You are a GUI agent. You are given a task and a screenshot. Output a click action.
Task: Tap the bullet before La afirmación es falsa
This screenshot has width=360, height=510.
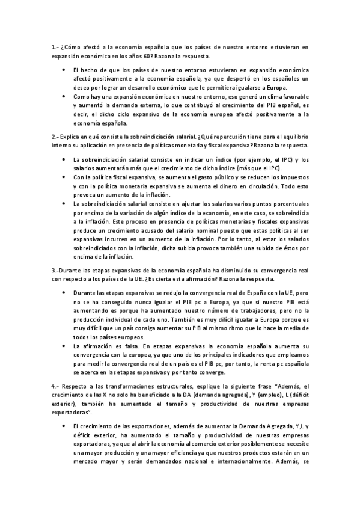(65, 347)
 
